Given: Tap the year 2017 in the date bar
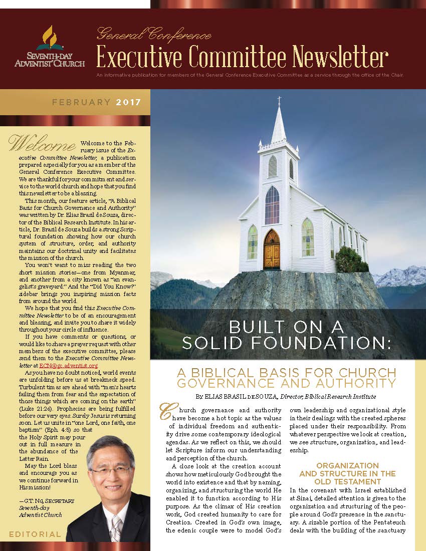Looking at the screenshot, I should [129, 103].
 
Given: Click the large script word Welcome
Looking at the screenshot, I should [42, 143].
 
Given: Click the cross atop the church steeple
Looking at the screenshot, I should [279, 100].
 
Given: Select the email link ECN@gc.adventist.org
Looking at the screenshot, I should [68, 366].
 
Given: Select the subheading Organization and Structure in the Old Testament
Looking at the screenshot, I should [347, 473].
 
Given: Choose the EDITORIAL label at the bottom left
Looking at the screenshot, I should [35, 534].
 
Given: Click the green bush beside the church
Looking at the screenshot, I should [348, 260].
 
